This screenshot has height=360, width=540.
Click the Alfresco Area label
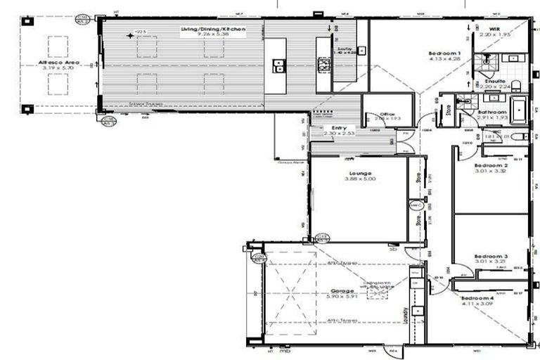click(59, 63)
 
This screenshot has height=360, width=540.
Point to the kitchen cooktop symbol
click(325, 65)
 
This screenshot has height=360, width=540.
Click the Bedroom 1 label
click(445, 53)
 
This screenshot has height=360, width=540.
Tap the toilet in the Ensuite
click(515, 86)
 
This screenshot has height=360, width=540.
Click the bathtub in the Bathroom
click(518, 110)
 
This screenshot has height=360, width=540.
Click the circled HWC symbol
click(416, 205)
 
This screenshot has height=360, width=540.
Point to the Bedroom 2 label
click(491, 165)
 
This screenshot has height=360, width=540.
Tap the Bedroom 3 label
click(491, 257)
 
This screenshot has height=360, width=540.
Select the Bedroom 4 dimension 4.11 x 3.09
click(478, 304)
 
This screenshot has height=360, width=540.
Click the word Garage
click(342, 290)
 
